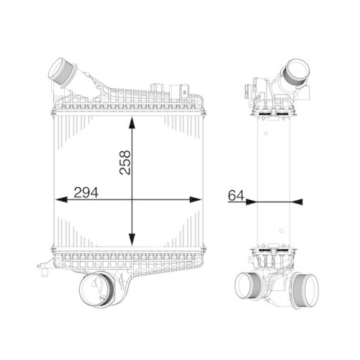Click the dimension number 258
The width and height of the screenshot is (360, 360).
(x=123, y=163)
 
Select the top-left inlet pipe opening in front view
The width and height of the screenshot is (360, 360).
(x=60, y=73)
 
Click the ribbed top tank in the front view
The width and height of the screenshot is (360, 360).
(x=130, y=101)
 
